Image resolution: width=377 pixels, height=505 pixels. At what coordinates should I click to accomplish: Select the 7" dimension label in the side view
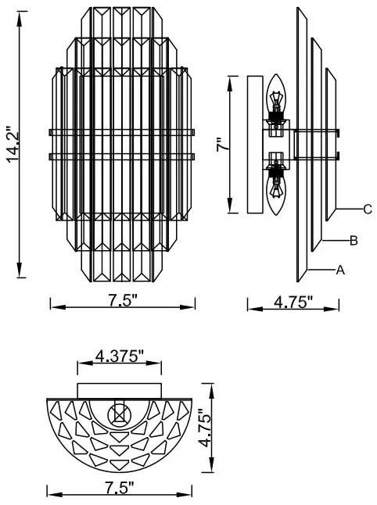point(221,145)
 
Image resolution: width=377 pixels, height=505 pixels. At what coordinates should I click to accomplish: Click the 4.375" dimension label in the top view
point(119,357)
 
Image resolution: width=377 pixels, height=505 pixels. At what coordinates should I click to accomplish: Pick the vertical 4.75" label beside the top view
point(205,428)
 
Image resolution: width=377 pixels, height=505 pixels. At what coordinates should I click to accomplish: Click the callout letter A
point(340,270)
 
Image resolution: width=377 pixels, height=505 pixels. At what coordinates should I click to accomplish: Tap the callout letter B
point(354,241)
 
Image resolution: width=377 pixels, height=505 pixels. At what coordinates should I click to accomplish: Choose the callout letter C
point(366,210)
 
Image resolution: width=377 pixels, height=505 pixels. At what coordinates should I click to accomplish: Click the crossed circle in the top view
point(119,412)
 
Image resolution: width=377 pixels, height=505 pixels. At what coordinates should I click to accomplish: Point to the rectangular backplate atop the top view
point(119,389)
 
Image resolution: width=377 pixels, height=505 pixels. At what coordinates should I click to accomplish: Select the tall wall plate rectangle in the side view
point(253,145)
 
